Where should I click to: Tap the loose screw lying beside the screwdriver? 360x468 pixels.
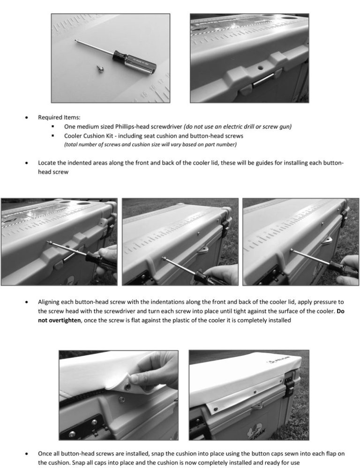tap(100, 69)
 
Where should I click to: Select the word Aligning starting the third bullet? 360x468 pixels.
tap(50, 303)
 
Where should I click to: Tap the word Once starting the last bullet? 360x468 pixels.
tap(45, 454)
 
